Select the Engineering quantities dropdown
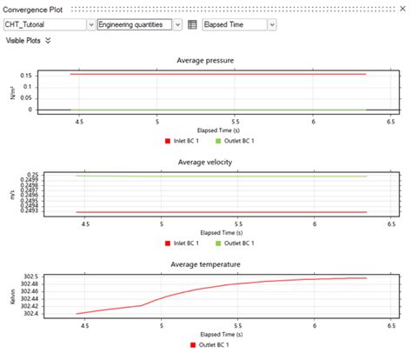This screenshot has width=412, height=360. click(x=139, y=25)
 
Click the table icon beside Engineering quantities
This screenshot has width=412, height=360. click(x=192, y=25)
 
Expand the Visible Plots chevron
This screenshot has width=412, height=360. click(x=48, y=40)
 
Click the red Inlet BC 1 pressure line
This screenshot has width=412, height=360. click(x=217, y=75)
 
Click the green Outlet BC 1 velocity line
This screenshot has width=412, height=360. click(x=217, y=176)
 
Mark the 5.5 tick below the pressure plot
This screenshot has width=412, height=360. click(x=235, y=122)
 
